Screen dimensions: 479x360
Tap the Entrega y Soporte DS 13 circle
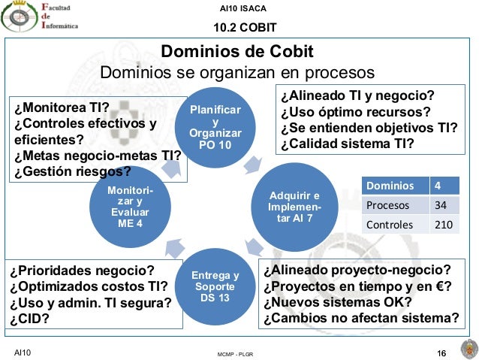215,286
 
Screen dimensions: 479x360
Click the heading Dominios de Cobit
238,53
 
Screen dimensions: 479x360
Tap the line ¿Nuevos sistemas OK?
337,302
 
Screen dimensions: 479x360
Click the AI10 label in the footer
22,352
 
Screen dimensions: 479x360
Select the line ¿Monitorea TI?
61,107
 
